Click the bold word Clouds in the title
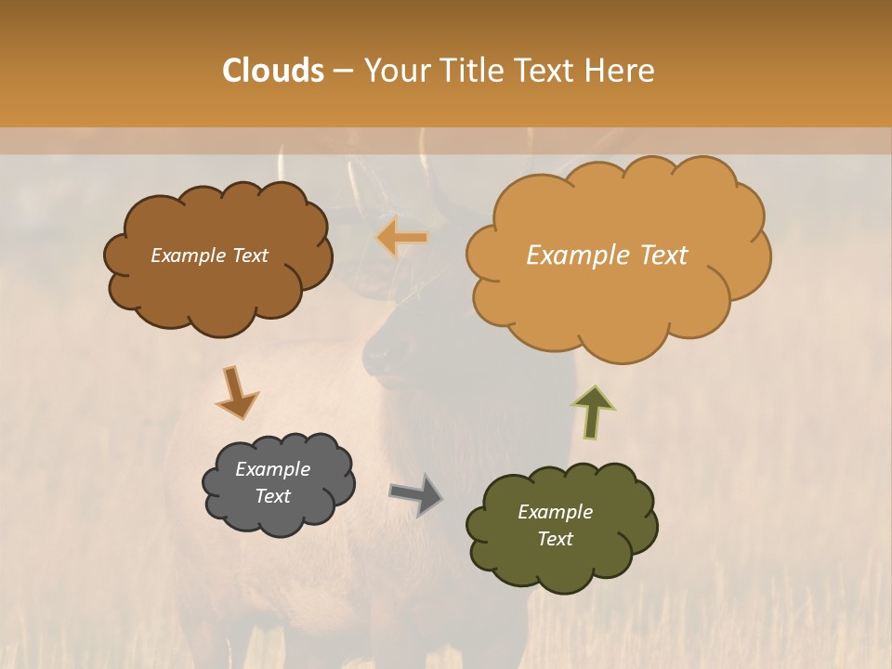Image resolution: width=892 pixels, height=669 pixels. click(x=273, y=71)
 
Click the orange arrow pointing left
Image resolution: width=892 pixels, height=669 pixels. click(x=402, y=238)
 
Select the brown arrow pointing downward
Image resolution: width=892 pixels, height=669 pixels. click(x=235, y=392)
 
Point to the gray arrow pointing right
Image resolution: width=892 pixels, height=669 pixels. click(x=415, y=494)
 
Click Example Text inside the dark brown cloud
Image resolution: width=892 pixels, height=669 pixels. click(x=209, y=256)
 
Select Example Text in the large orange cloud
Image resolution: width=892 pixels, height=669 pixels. click(x=607, y=256)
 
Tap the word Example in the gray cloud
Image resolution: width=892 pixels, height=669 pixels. click(x=272, y=469)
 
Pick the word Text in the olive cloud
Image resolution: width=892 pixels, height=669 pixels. click(x=555, y=539)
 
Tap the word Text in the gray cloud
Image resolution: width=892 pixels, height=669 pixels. click(x=272, y=496)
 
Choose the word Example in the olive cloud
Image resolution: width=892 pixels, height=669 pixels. click(x=555, y=512)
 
